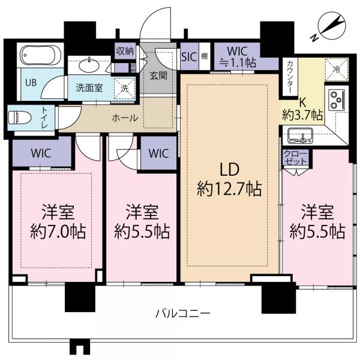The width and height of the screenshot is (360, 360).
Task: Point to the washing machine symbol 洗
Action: point(125,87)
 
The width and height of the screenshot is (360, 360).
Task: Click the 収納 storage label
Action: point(125,51)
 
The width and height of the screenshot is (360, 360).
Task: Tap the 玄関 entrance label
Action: point(158,76)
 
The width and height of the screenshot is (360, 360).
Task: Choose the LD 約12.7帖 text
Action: point(229,180)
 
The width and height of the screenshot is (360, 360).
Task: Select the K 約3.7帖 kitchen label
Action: point(302,108)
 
